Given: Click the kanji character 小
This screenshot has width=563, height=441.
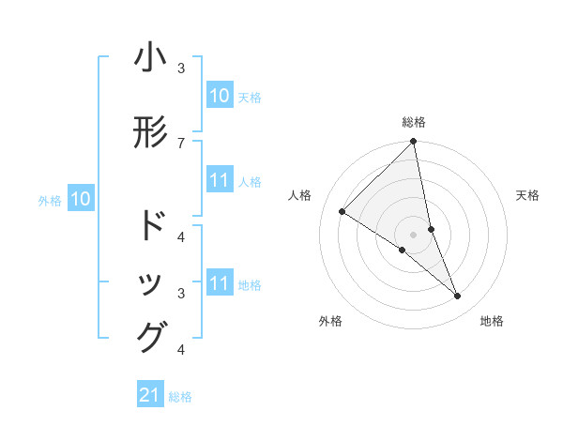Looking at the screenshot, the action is coord(151,58).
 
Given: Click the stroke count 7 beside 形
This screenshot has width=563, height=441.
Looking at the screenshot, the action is coord(181,143).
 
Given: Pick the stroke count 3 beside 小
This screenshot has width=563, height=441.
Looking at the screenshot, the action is coord(181,68).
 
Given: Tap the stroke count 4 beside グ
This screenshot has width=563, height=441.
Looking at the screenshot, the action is coord(181,350).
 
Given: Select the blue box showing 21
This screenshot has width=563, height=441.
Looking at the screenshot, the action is coord(150,396).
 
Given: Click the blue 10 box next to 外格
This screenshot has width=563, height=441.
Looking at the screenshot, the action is coord(81,199).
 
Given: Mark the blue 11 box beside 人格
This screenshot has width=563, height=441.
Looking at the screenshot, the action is coord(220,181).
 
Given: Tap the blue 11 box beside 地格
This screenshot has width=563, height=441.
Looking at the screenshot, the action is coord(220,284).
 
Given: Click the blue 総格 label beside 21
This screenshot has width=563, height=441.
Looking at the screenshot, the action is coord(180,397).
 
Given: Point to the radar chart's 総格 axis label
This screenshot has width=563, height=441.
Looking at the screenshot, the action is coord(414,122).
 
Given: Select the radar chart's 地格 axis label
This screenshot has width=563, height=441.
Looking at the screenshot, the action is coord(492,322).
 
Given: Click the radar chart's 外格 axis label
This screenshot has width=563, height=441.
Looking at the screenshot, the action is coord(330,322).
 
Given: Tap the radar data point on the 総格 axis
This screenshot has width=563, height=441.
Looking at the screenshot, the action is coord(414,143).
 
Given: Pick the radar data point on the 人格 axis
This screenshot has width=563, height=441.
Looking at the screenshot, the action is coord(342,211).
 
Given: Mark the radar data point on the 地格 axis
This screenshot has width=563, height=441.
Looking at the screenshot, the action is coord(458,296).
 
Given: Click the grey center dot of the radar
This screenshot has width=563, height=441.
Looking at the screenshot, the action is coord(414,235).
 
